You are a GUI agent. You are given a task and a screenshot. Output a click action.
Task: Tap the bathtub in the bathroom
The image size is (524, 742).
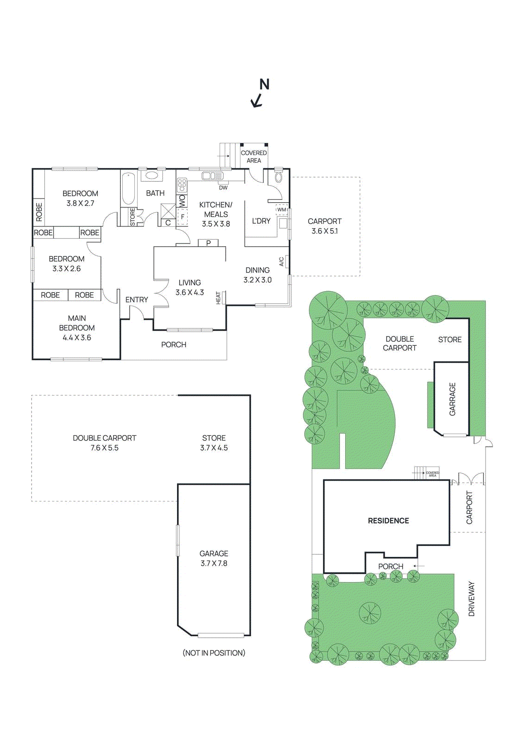[128, 189]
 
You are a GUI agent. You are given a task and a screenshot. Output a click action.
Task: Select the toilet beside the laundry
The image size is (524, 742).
[278, 177]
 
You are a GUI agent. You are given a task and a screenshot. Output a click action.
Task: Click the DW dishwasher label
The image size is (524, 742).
[223, 188]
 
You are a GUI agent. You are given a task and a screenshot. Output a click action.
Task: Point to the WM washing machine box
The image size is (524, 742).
[282, 210]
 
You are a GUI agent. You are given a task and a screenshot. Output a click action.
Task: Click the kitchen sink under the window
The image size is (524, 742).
[212, 176]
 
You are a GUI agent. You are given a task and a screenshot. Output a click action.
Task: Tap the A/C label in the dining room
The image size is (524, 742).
[281, 262]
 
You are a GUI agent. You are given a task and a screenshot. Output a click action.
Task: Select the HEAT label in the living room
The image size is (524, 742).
[218, 298]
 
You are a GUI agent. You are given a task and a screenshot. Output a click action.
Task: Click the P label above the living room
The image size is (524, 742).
[208, 243]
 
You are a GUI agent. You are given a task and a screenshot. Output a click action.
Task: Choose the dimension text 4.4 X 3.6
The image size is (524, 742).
[77, 338]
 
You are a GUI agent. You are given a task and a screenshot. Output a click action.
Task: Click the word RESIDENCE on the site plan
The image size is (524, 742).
[388, 521]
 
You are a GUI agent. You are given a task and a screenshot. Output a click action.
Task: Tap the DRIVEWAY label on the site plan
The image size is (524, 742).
[472, 599]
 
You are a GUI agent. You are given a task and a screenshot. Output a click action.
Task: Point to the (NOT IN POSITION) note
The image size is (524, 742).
[214, 653]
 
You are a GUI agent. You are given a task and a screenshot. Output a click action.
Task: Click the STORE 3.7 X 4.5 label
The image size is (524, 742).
[214, 443]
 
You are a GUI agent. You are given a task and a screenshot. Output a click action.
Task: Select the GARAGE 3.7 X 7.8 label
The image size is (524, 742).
[214, 558]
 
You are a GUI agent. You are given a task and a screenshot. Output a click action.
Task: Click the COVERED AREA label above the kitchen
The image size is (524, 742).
[253, 157]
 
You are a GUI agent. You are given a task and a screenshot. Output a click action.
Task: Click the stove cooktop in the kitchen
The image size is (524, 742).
[182, 185]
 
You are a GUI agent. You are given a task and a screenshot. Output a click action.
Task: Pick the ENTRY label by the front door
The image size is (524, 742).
[137, 300]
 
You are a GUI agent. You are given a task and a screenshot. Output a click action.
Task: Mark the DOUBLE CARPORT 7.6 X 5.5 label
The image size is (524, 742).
[105, 443]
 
